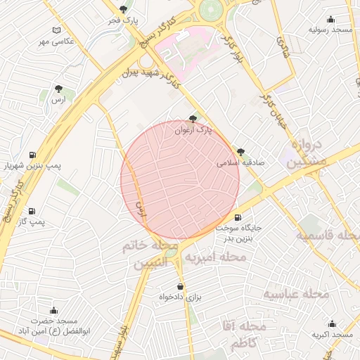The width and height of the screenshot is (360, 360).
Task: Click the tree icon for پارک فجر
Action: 124,9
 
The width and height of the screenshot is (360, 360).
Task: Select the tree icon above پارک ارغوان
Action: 193,120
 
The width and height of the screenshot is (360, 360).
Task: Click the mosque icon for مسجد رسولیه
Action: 332,20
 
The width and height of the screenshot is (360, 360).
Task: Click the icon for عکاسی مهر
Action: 57,30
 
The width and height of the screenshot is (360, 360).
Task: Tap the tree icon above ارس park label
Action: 58,89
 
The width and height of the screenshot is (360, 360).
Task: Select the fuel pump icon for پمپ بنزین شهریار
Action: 33,155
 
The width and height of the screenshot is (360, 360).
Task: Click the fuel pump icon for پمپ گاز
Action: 32,211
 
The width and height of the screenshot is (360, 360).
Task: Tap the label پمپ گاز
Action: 32,222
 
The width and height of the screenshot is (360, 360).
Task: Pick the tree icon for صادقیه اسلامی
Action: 240,152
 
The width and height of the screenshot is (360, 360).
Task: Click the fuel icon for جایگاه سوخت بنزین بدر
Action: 237,217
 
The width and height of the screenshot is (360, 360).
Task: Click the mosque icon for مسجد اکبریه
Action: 333,324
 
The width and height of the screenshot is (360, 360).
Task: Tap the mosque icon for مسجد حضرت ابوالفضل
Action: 53,309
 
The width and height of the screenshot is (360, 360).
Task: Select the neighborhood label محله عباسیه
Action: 296,293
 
